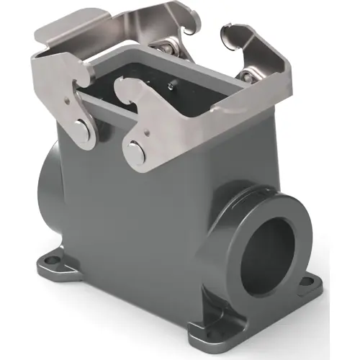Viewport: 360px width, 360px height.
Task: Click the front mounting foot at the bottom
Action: pos(209,333)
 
